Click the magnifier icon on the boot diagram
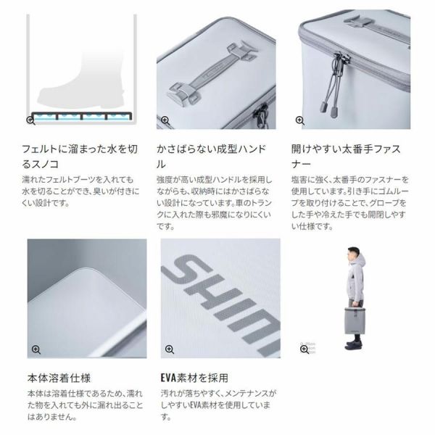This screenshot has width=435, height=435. click(30, 120)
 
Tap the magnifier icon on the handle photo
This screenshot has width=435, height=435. click(165, 120)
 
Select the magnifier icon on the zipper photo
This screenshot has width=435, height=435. click(300, 120)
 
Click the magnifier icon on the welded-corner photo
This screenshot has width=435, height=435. click(36, 349)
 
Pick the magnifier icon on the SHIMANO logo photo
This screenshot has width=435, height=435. click(170, 349)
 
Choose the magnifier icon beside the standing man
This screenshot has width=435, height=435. click(304, 349)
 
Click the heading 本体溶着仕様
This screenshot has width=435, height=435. click(59, 378)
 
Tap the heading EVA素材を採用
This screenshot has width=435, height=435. click(194, 378)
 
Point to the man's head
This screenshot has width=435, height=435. click(353, 254)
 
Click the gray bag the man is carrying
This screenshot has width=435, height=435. click(355, 320)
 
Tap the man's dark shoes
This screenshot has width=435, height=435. click(354, 345)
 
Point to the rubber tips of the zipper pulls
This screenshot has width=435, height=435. click(329, 109)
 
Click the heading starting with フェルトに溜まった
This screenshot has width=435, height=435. click(80, 157)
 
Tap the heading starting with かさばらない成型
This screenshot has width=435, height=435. click(212, 157)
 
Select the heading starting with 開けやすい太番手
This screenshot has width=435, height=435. click(346, 157)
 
